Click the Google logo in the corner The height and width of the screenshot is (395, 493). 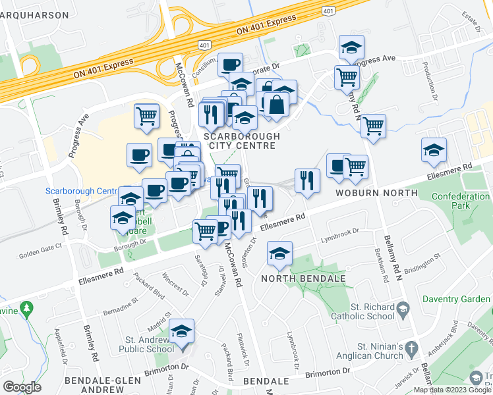tap(22, 387)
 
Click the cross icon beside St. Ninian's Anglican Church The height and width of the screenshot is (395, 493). tap(410, 347)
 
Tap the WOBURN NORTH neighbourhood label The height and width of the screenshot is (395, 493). tap(376, 193)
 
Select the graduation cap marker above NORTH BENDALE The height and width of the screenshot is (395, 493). tap(279, 253)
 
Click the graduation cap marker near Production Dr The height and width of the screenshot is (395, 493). tap(434, 150)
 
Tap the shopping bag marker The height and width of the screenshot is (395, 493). tap(277, 104)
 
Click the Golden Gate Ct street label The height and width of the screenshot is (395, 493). tap(40, 245)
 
